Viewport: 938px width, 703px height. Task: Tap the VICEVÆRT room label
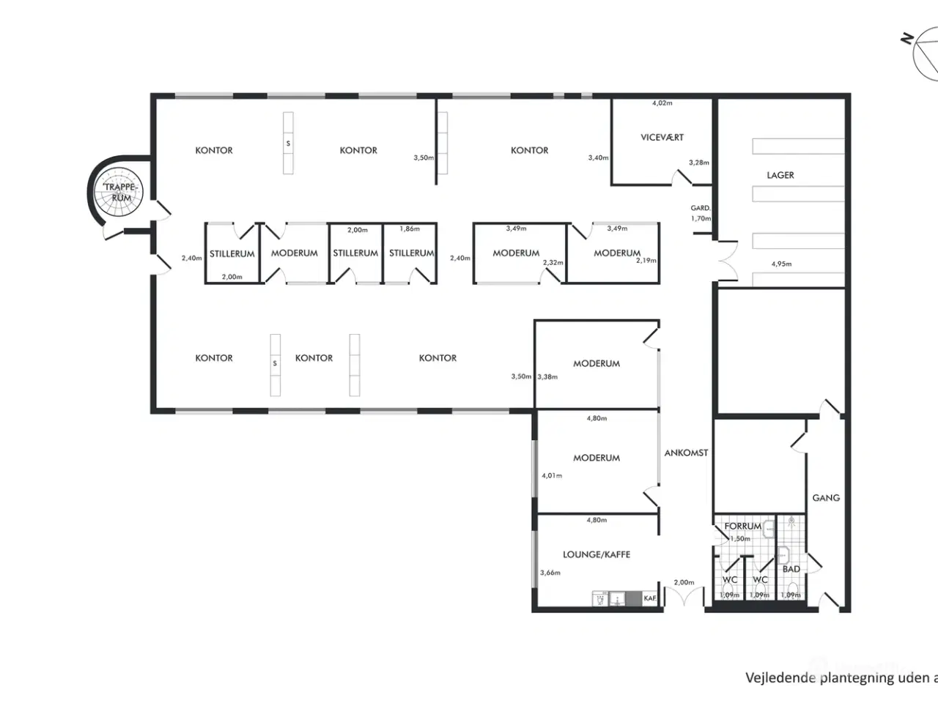coord(662,137)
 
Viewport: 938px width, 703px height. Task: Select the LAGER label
coord(780,175)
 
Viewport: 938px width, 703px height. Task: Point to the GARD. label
coord(701,208)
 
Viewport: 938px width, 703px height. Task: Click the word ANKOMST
coord(686,453)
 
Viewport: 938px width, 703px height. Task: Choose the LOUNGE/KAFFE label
coord(597,554)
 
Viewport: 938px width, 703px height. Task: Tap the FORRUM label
coord(742,526)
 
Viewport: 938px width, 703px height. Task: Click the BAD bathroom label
coord(791,569)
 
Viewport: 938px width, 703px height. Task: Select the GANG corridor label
coord(826,497)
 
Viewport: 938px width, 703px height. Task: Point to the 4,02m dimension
coord(662,103)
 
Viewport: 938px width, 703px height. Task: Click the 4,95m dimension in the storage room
coord(781,264)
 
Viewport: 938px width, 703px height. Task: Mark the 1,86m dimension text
coord(410,228)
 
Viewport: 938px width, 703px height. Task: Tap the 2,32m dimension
coord(553,262)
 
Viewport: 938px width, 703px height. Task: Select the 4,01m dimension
coord(552,475)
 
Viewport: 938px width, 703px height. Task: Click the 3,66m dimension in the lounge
coord(550,573)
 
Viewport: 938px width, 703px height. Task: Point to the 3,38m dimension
coord(547,376)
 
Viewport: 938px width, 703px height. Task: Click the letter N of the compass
coord(908,38)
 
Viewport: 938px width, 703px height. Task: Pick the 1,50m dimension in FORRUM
coord(740,538)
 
